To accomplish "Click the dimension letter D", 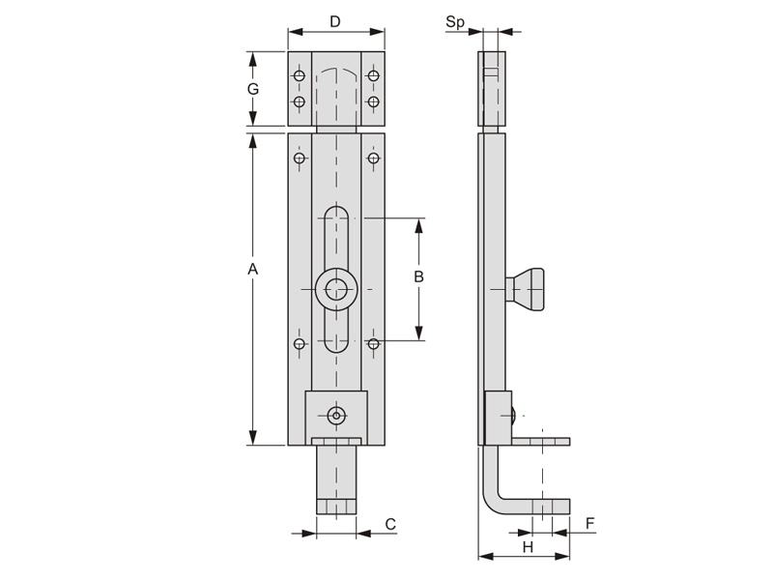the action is (x=335, y=21).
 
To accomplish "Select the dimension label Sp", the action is (x=454, y=22).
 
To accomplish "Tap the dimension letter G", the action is (x=253, y=89).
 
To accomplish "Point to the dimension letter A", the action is (x=252, y=270).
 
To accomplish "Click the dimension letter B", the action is (x=418, y=276).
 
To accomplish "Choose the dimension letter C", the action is (x=390, y=524).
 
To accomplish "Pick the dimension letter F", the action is (x=590, y=523).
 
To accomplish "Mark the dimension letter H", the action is (x=528, y=547).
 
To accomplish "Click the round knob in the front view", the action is (x=336, y=289).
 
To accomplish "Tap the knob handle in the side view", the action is (x=525, y=289).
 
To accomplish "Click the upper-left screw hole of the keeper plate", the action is (x=299, y=76).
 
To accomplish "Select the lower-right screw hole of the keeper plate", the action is (x=374, y=101).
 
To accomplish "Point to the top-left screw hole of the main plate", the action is (x=299, y=159).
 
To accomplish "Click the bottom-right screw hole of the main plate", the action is (x=374, y=343).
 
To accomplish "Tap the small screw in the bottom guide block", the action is (x=336, y=416).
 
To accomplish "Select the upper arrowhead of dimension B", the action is (x=419, y=226).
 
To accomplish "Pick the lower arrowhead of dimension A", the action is (x=253, y=438).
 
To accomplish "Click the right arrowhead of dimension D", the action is (x=377, y=32).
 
